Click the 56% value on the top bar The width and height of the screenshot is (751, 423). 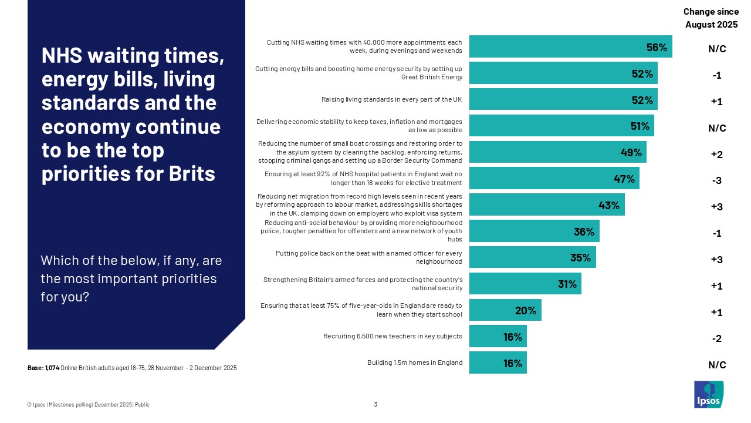coord(657,47)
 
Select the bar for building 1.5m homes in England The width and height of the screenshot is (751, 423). coord(498,363)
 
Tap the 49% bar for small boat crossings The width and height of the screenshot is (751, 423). coord(557,152)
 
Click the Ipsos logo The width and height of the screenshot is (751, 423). coord(709,394)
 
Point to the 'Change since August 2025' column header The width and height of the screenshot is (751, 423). coord(711,18)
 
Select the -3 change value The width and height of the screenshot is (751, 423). coord(716,181)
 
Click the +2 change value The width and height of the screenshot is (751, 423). coord(716,155)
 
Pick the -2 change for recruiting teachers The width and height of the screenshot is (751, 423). coord(716,339)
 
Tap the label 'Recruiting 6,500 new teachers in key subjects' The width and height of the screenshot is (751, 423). coord(393,337)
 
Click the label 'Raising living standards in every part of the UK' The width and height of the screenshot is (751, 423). coord(391,100)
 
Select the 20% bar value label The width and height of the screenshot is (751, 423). coord(526,311)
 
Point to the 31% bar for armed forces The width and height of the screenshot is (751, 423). coord(525,284)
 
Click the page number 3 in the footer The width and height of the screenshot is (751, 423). coord(375,404)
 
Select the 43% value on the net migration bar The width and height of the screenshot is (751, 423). coord(608,205)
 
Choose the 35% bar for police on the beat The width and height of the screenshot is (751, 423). coord(532,257)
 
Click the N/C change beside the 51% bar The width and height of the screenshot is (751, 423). coord(717,128)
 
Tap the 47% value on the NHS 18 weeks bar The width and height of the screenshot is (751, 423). coord(624,179)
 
